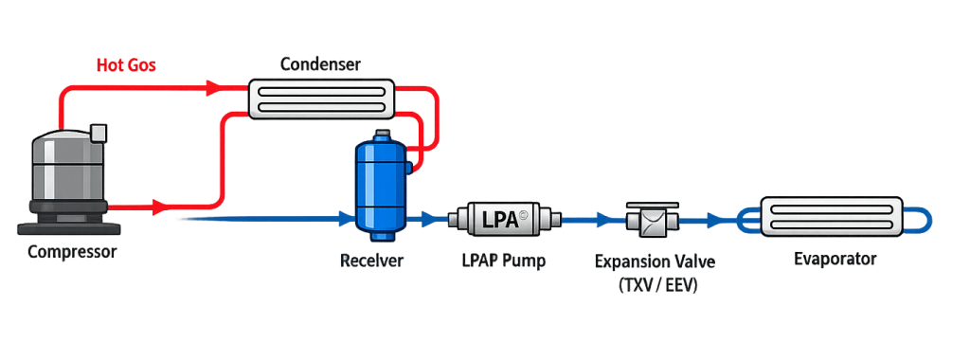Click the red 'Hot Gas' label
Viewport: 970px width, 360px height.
[126, 65]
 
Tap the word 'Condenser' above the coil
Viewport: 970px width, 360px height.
[322, 64]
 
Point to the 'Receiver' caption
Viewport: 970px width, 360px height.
[372, 260]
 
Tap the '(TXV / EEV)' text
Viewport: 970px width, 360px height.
[657, 284]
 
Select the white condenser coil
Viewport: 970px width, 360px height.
[321, 96]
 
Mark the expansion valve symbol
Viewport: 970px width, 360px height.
[652, 220]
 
